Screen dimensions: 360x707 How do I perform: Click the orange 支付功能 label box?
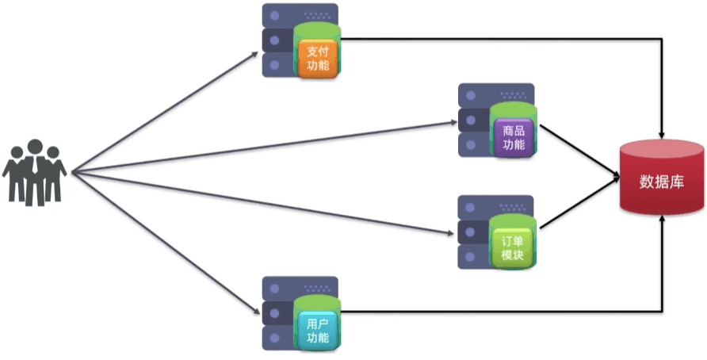317,59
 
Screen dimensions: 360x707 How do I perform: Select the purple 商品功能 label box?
514,136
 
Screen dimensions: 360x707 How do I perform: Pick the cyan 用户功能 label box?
318,330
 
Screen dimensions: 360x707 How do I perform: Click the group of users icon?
35,172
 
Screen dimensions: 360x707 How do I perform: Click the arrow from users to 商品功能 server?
262,147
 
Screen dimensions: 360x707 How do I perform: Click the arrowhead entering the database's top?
662,132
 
